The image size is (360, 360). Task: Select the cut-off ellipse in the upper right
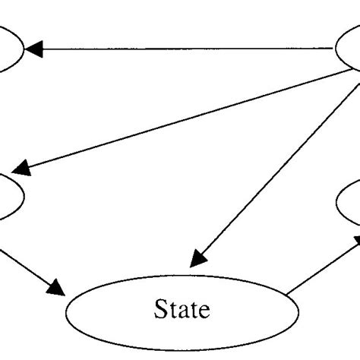pos(349,50)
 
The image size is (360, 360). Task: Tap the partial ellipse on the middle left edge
pos(9,196)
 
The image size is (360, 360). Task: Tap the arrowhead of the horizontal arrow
pos(33,49)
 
